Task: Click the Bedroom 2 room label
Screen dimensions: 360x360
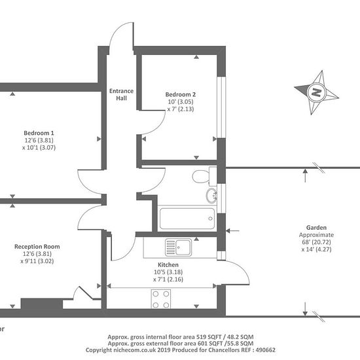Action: (181, 94)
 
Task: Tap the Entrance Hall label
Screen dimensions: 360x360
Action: (121, 95)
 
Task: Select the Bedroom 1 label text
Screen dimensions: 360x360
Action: (39, 133)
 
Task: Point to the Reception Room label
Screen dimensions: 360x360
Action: (37, 247)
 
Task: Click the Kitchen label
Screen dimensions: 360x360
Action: (168, 264)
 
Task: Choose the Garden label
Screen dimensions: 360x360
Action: (316, 228)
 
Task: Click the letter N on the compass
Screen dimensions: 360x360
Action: (316, 93)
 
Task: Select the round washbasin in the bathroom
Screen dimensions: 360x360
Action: (211, 196)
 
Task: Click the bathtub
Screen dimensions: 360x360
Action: (187, 219)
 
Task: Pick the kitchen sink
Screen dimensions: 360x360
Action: (178, 247)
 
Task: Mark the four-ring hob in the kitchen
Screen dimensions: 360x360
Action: (161, 298)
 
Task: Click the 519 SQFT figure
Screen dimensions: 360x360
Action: (209, 337)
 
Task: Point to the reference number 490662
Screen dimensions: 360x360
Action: (265, 350)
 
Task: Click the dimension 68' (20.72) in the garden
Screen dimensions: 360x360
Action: (316, 242)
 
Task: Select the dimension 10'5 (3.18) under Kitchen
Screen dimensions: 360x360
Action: (168, 272)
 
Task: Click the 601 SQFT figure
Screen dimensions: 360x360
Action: (210, 344)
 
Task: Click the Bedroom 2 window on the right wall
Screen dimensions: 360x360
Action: (221, 107)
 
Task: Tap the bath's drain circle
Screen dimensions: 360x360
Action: (210, 219)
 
